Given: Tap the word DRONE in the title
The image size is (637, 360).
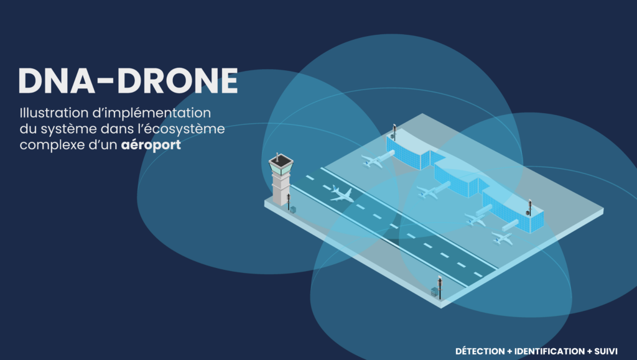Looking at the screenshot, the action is coord(177,81).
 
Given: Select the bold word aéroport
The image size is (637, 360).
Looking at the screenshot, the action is coord(151,145).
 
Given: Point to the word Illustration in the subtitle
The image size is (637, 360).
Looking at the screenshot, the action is coord(55,113).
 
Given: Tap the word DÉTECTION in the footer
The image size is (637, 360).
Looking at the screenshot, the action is coord(480,351).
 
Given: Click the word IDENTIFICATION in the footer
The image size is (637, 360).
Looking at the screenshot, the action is coord(550,351).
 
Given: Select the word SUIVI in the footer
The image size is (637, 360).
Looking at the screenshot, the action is coord(606,351).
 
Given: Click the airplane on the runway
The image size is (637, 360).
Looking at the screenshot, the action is coord(342,194).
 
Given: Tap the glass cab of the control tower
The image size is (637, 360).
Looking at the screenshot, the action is coord(281,165).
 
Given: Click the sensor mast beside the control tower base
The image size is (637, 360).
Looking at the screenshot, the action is coord(289,201).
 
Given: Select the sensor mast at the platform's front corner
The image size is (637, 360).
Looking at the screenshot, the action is coord(440,287).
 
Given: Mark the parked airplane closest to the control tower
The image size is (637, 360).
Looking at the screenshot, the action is coord(372,160).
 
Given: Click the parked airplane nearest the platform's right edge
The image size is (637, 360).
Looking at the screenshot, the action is coord(502,238).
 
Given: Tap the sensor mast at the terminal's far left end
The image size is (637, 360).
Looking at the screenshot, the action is coord(394,132).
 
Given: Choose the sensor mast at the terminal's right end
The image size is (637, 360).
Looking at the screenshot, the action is coord(530,207).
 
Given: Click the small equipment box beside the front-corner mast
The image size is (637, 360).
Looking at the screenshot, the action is coord(434,292).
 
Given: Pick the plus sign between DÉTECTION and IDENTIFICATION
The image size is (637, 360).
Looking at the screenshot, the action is coord(509,351).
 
